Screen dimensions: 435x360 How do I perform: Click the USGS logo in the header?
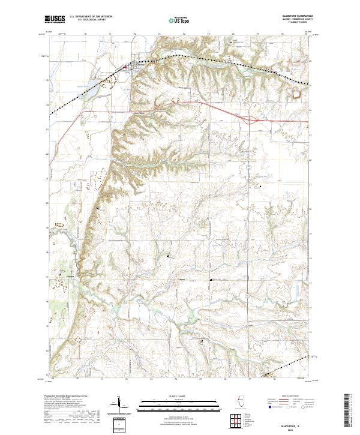click(54, 19)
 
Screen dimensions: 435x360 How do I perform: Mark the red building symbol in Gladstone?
click(125, 67)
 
